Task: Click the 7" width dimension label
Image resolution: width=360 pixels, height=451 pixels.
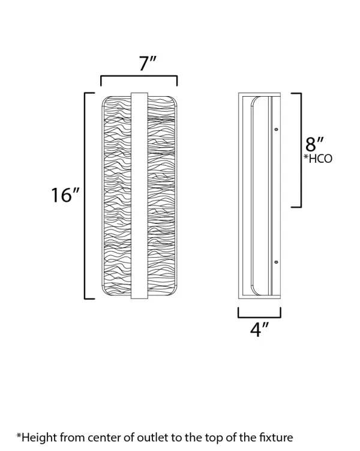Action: (x=148, y=63)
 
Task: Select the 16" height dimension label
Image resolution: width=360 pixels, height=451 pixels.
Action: (x=65, y=195)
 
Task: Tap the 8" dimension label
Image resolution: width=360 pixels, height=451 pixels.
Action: (x=314, y=144)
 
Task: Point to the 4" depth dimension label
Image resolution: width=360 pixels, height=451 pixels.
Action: (x=259, y=329)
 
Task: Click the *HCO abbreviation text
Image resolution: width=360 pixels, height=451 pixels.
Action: (x=318, y=159)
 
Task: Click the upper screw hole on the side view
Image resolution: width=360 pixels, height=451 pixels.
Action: (x=276, y=130)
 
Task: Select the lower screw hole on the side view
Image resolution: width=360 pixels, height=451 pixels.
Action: (x=276, y=262)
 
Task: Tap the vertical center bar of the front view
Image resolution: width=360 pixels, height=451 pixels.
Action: (x=139, y=196)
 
